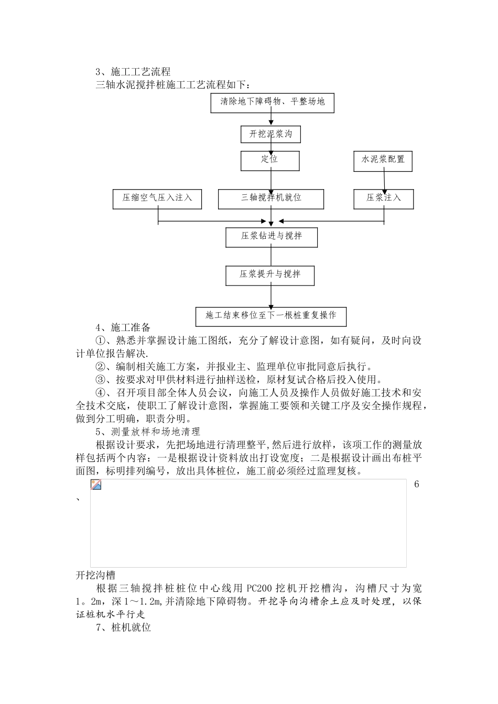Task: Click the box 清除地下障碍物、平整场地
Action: coord(272,102)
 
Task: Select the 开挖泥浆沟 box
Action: coord(270,134)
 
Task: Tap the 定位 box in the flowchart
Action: coord(270,160)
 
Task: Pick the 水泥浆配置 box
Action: coord(383,160)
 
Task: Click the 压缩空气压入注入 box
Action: coord(157,199)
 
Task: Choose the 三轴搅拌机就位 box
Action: coord(271,199)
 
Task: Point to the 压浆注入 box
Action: coord(384,199)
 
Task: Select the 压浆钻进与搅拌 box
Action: coord(271,236)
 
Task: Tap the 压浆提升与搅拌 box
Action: coord(270,274)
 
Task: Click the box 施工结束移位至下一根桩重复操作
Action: coord(270,316)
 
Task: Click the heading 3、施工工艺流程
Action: coord(133,72)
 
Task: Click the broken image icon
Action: coord(96,485)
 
